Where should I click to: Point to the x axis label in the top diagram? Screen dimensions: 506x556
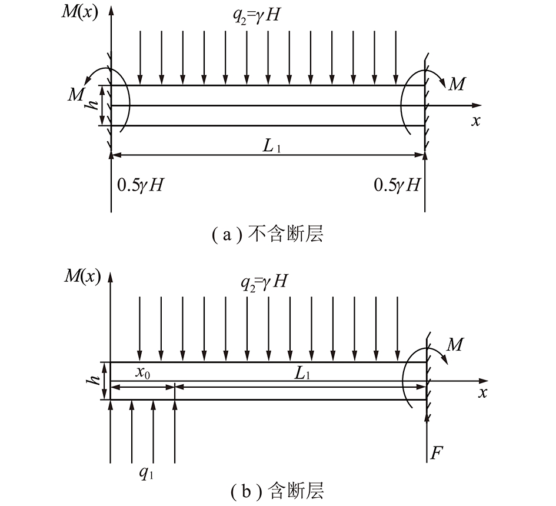click(x=476, y=121)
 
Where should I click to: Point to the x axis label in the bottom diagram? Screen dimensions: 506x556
click(x=482, y=392)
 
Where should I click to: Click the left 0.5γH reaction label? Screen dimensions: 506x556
click(x=141, y=185)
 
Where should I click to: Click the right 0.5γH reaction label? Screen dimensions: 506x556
click(x=398, y=185)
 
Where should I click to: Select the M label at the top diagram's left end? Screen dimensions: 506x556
click(x=76, y=95)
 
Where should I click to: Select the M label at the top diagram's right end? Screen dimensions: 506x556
click(x=457, y=85)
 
